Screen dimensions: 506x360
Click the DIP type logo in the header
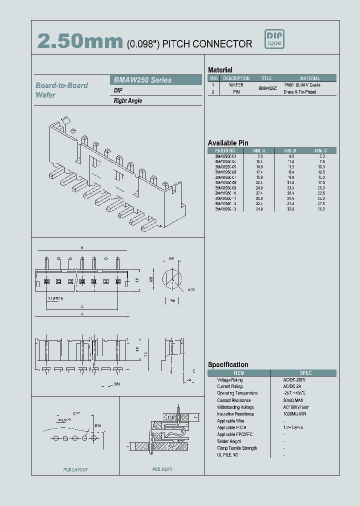(274, 40)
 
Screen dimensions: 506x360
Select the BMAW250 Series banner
(155, 80)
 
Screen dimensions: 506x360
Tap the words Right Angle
(128, 101)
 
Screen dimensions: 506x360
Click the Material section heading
(220, 70)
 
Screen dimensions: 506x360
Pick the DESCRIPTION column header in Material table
(236, 78)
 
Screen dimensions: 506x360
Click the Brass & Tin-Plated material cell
(300, 92)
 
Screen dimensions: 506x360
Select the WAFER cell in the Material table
(236, 85)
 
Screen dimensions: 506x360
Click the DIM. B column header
(290, 150)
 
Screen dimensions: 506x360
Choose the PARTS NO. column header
(225, 150)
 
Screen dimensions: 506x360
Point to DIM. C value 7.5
(321, 161)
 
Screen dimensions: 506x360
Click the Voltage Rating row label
(230, 380)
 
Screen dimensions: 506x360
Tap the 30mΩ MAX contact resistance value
(292, 400)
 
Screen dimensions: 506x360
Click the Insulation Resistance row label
(235, 414)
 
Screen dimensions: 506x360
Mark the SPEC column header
(305, 373)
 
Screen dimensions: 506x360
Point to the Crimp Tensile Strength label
(237, 448)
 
